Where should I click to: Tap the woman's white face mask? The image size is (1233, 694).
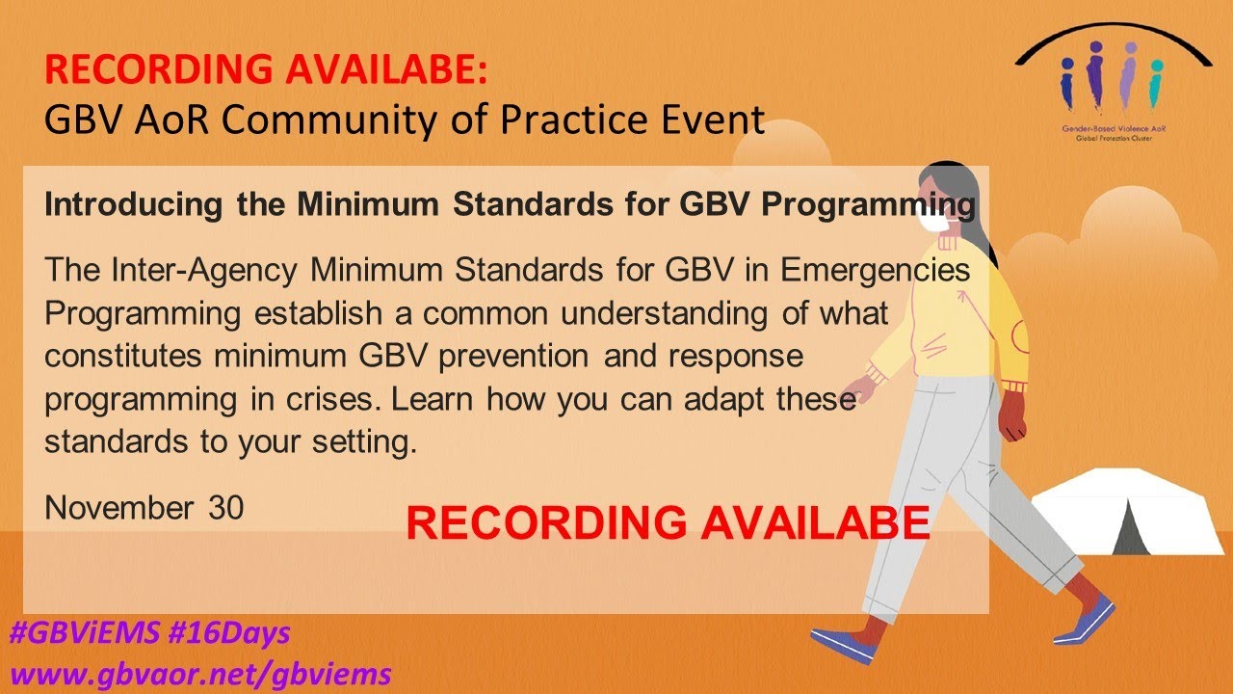click(931, 221)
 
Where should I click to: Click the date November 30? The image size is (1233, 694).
click(144, 508)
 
